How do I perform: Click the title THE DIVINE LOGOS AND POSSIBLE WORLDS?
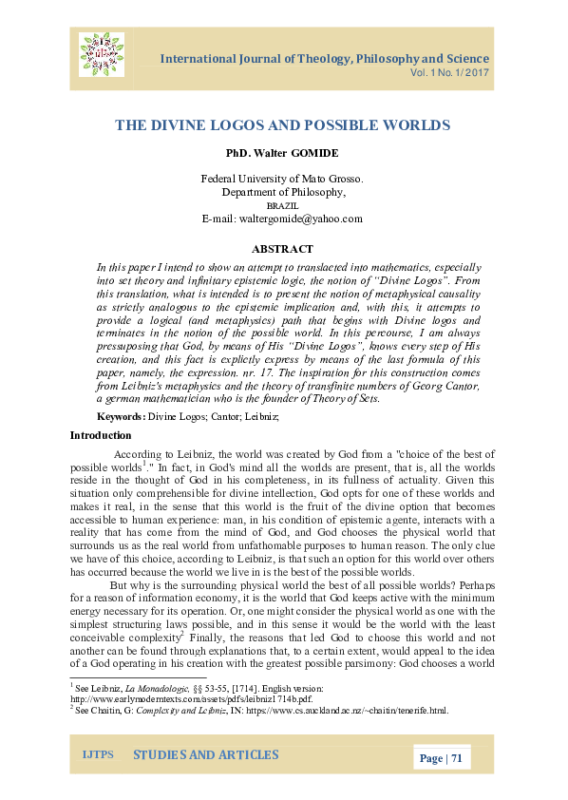pos(282,124)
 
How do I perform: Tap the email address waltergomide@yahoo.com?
pos(282,219)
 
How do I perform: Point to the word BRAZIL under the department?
pos(282,205)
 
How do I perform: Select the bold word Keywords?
pos(122,417)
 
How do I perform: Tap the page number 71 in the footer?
pos(456,758)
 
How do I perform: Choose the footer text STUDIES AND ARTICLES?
pos(205,755)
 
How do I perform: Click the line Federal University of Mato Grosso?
pos(282,179)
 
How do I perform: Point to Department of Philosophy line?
pos(282,192)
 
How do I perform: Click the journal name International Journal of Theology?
pos(325,59)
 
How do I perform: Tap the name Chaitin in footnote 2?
pos(110,710)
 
